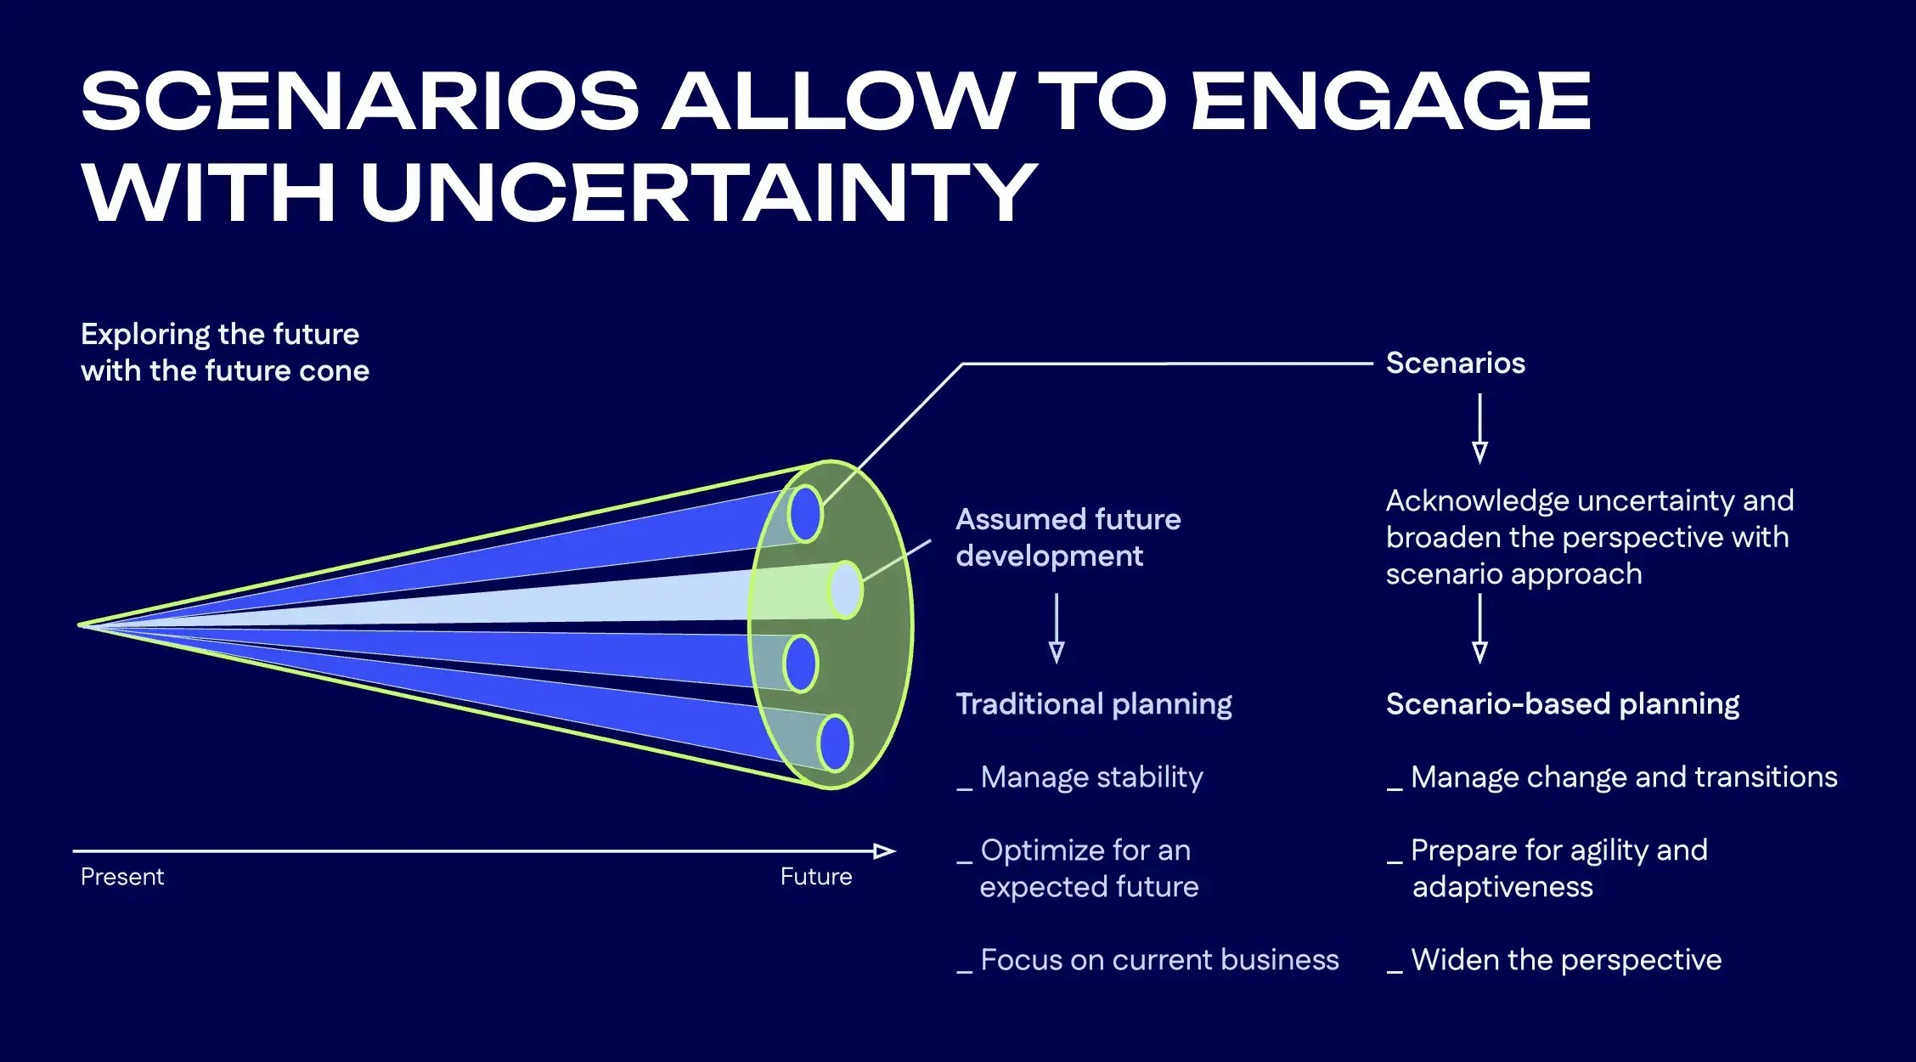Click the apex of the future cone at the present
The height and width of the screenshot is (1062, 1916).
click(x=79, y=625)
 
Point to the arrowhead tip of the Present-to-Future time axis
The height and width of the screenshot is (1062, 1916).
click(x=895, y=850)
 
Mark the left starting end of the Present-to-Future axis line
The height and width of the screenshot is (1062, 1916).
click(x=74, y=850)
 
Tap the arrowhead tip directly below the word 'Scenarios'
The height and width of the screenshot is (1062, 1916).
click(x=1479, y=463)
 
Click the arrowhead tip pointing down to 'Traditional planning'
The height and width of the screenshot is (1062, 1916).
click(x=1057, y=662)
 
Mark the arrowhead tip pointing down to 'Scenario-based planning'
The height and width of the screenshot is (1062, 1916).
click(x=1479, y=663)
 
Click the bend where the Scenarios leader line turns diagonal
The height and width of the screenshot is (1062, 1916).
click(x=962, y=364)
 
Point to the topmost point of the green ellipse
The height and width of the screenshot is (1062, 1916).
click(x=831, y=460)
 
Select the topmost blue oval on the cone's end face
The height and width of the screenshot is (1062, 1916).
click(x=804, y=513)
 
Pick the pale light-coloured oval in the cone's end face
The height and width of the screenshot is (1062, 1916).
click(x=846, y=589)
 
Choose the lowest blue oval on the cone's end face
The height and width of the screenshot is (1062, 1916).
click(x=835, y=743)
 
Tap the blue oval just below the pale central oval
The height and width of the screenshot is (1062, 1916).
click(x=800, y=664)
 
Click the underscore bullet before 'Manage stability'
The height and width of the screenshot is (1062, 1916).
click(x=964, y=789)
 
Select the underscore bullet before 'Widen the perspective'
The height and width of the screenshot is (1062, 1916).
click(x=1395, y=972)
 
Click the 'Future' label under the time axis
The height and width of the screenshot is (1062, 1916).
click(x=816, y=877)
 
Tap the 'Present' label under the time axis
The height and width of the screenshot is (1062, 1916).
click(x=122, y=877)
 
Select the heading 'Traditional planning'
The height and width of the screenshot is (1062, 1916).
click(x=1094, y=704)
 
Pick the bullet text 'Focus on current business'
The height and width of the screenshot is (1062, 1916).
click(x=1159, y=960)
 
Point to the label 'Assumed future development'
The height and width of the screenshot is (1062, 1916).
click(x=1068, y=537)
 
